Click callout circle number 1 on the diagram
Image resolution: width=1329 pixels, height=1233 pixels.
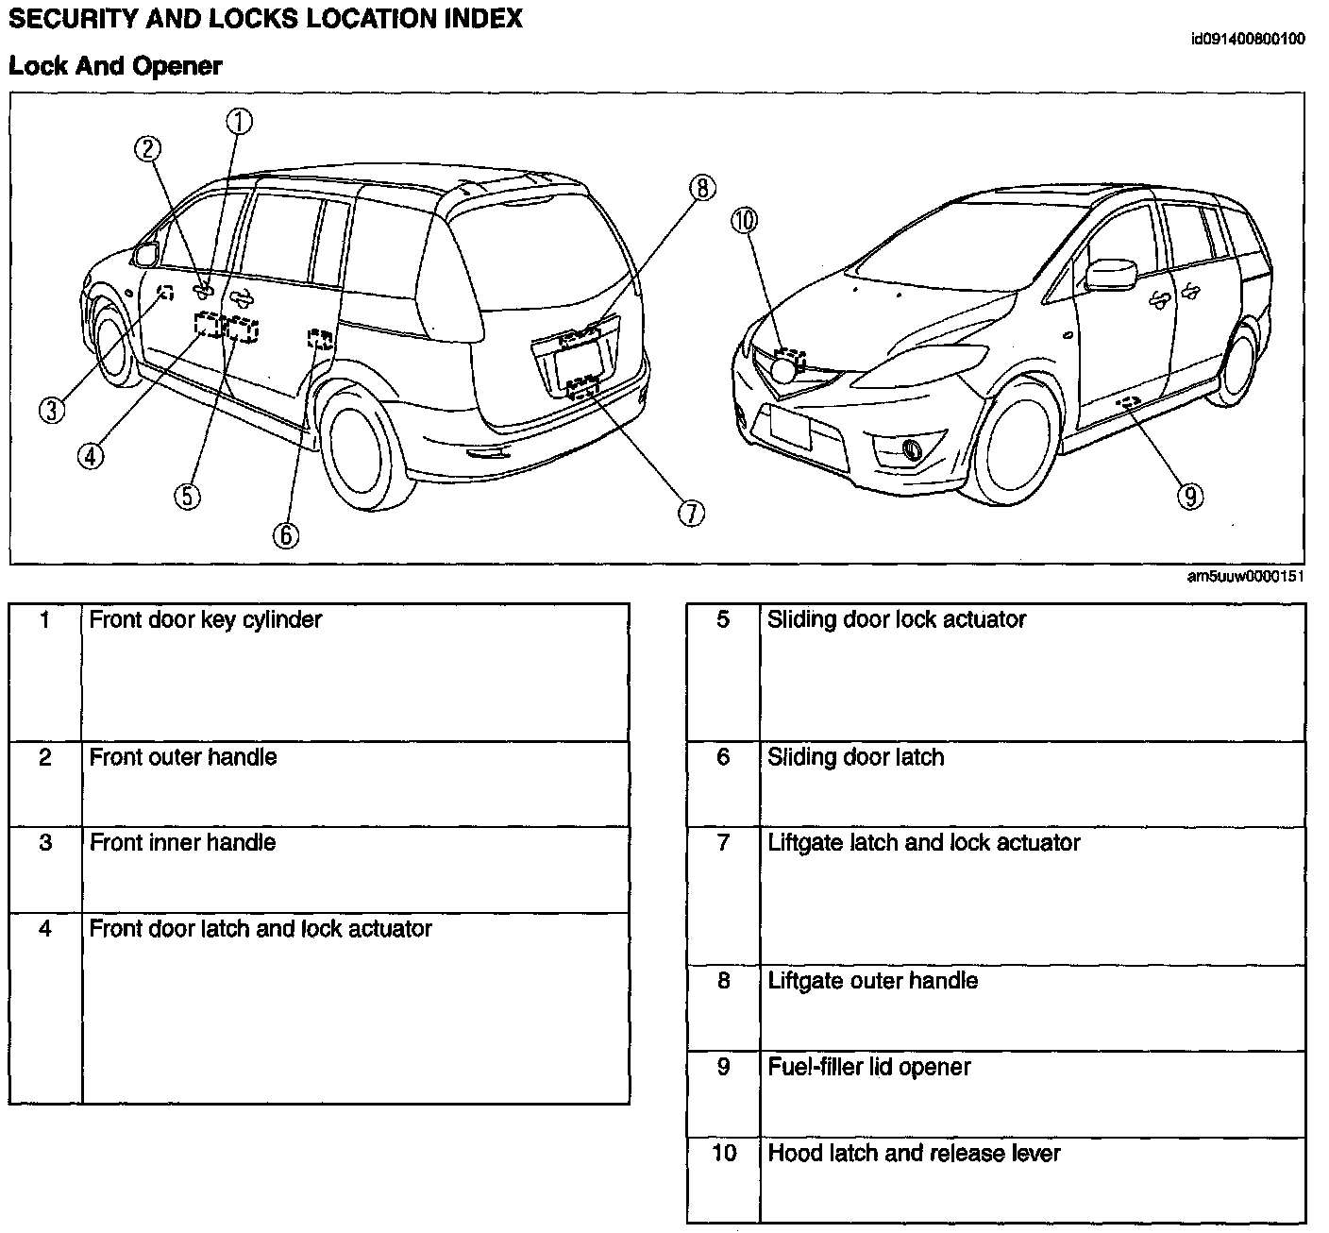coord(239,122)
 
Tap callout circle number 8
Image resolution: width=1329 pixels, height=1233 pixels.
coord(702,188)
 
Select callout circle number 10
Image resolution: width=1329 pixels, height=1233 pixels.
coord(744,221)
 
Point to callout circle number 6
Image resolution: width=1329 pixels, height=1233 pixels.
coord(286,535)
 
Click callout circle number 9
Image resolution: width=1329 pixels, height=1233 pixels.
coord(1191,496)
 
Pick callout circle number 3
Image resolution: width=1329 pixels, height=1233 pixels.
coord(53,410)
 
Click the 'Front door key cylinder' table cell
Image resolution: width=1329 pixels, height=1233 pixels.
coord(206,620)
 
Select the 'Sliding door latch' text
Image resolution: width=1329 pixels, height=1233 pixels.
coord(855,757)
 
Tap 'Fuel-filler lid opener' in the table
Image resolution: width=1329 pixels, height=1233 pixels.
coord(868,1067)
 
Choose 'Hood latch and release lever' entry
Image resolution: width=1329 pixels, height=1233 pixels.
coord(914,1153)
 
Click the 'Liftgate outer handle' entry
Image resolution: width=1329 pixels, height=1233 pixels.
coord(872,981)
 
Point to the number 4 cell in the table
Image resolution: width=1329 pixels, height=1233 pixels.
coord(45,929)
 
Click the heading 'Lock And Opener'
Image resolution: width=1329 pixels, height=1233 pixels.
coord(115,66)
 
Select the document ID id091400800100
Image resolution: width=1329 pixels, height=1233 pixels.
coord(1248,40)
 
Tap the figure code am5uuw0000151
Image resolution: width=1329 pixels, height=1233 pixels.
coord(1246,577)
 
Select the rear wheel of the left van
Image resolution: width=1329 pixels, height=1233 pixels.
coord(362,452)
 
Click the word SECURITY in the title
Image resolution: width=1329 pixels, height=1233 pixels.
coord(62,19)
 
